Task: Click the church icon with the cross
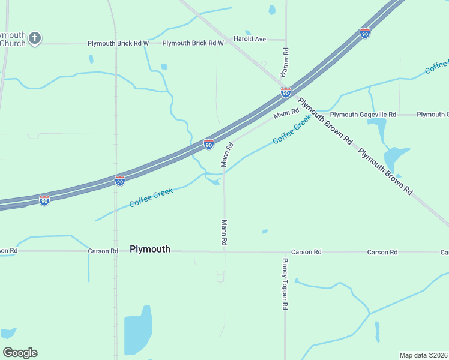click(35, 38)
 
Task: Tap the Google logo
click(20, 353)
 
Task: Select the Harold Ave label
click(249, 39)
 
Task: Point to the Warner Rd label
click(286, 62)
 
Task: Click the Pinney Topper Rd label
click(285, 284)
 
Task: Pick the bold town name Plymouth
click(150, 249)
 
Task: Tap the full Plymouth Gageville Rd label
click(363, 114)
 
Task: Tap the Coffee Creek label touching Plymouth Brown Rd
click(292, 130)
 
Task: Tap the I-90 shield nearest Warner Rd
click(286, 92)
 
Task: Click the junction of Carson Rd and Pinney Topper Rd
click(285, 252)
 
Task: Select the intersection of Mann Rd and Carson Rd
click(224, 252)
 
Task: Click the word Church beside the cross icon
click(13, 43)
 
